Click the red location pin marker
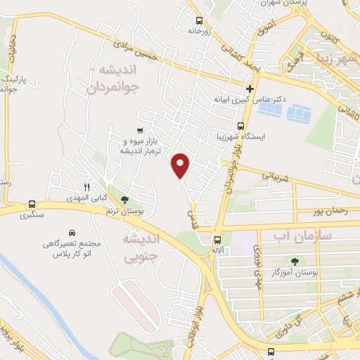pos(181,165)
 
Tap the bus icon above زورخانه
pos(200,20)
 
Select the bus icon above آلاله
pos(217,238)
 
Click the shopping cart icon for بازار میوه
pos(141,130)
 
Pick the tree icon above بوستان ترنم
pos(125,200)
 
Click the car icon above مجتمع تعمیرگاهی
pos(72,232)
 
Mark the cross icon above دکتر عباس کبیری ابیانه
pos(250,89)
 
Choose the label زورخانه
pos(200,32)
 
